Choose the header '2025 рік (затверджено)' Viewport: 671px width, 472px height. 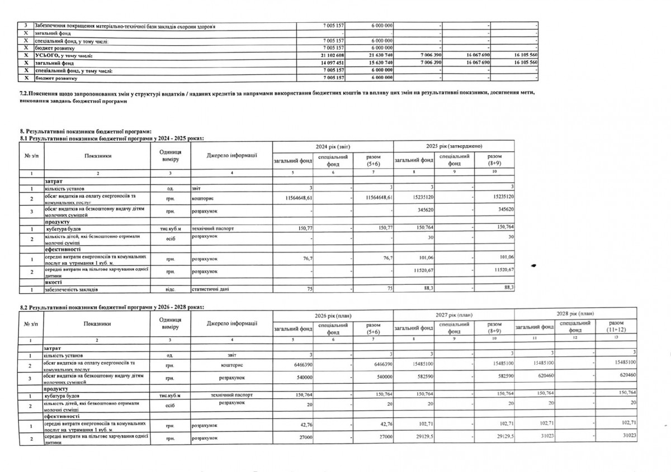(x=453, y=146)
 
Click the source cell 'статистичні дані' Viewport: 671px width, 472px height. (x=208, y=289)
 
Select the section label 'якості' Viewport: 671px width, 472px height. (x=53, y=283)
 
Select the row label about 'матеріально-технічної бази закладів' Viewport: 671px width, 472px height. (x=125, y=26)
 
